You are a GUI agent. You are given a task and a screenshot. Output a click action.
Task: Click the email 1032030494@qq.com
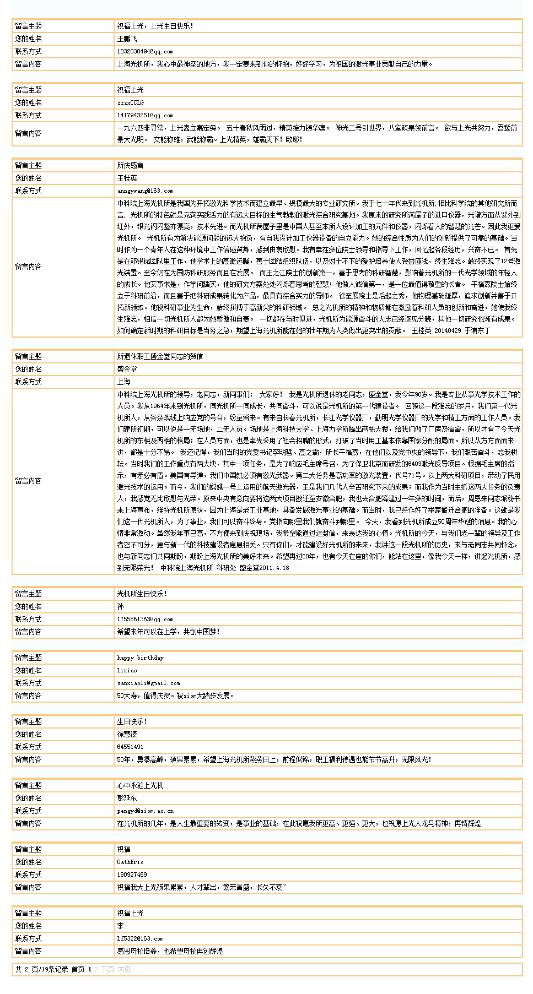145,51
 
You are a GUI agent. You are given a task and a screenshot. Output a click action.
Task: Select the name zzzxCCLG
130,102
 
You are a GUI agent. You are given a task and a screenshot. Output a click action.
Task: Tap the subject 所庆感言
130,165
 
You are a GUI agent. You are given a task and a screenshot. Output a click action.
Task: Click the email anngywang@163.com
145,191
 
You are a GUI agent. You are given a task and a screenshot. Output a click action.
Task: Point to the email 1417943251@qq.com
145,115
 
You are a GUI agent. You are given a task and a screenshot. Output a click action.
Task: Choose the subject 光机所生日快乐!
142,594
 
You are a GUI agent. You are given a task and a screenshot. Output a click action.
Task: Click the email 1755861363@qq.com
145,619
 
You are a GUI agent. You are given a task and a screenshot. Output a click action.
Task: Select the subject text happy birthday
140,658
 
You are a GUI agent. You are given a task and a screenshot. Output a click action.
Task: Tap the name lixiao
127,670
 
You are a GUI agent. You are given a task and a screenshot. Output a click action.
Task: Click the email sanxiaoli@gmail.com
148,683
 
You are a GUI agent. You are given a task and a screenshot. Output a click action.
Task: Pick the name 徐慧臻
127,734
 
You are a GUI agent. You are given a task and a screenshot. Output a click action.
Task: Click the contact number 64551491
130,747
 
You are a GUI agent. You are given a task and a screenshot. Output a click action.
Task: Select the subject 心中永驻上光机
140,785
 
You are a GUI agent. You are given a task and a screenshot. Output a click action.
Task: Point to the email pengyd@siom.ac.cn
145,811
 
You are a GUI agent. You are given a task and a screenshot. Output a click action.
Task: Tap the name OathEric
130,862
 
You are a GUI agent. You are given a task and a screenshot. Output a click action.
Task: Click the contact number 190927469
132,874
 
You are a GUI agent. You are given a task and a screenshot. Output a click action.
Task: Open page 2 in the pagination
96,969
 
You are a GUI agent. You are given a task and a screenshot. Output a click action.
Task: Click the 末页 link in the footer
124,969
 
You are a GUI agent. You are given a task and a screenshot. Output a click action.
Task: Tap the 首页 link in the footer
78,969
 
